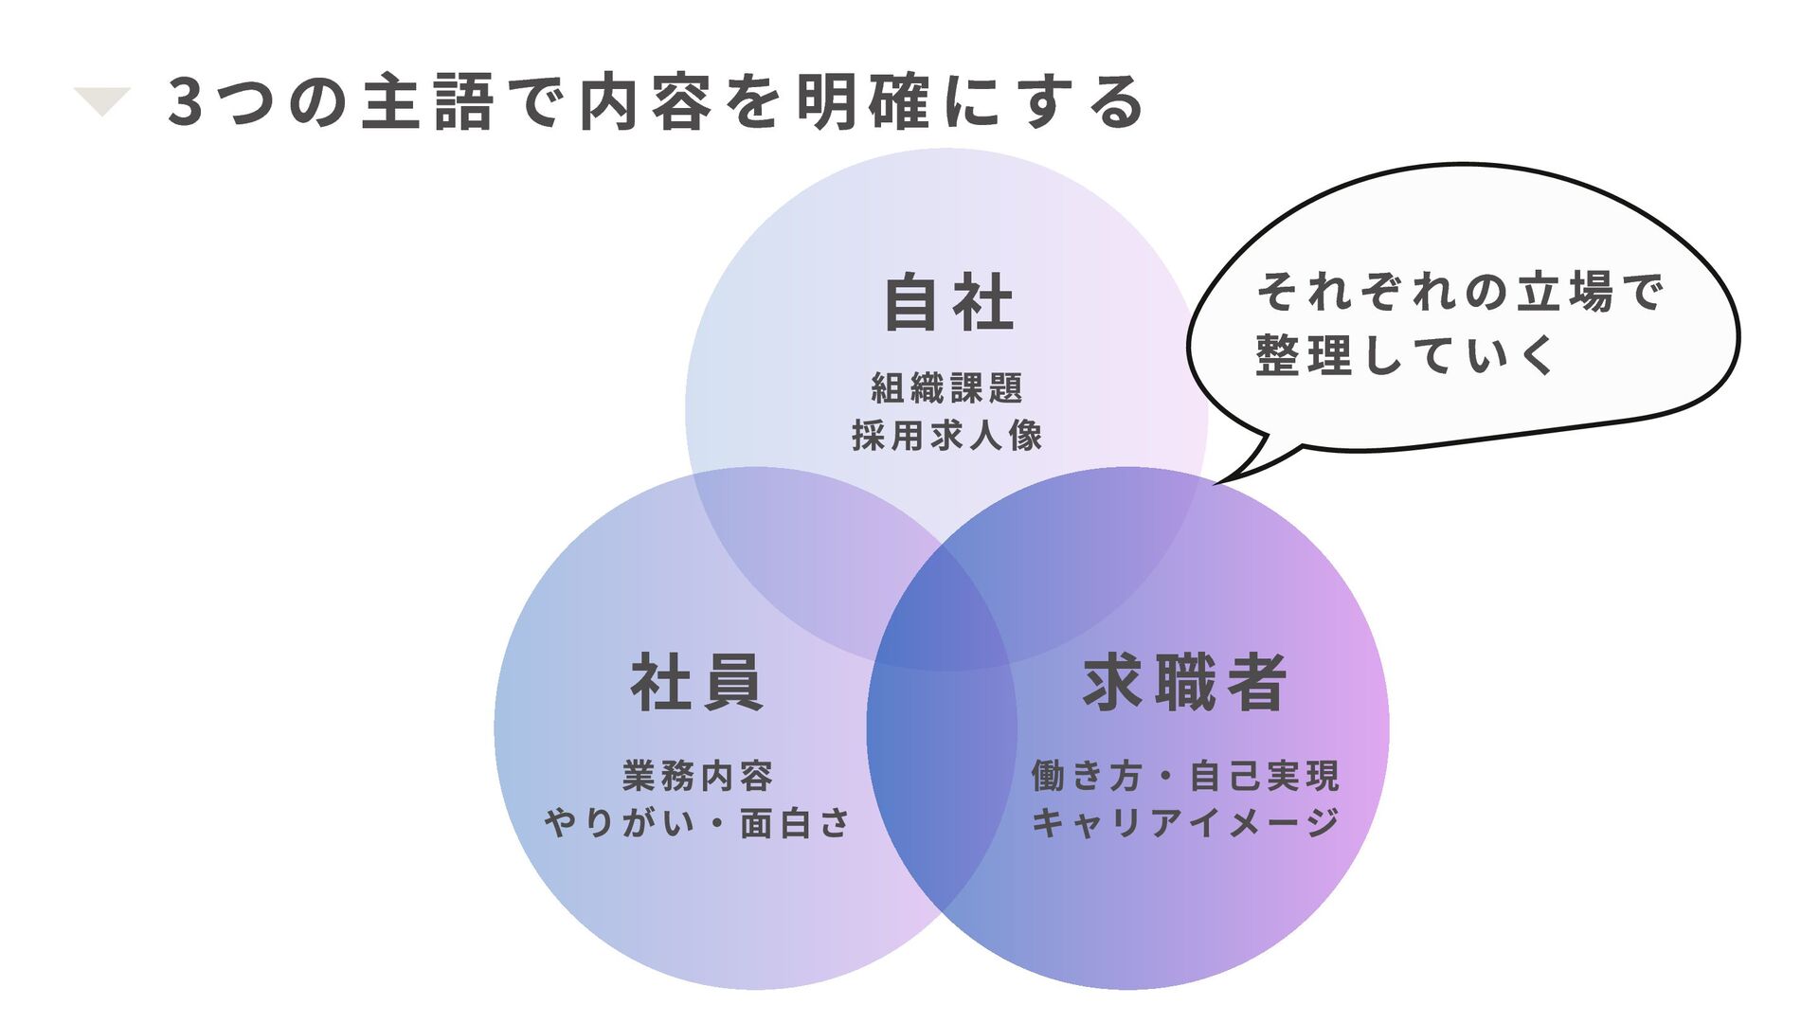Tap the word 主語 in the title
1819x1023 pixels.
pos(428,102)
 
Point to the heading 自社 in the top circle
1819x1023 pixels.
pos(948,303)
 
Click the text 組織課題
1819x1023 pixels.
pos(946,388)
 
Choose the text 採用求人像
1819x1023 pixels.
pos(946,436)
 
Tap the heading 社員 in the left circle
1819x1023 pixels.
pos(697,682)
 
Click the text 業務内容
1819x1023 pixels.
pos(697,776)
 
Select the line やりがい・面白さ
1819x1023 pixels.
pos(697,822)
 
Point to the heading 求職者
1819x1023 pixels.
pos(1184,682)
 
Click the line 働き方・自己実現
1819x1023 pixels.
pos(1184,776)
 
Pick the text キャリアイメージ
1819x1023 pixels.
pos(1184,822)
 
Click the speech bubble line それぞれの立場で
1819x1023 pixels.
pos(1459,291)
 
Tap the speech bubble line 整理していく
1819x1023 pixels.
pos(1405,356)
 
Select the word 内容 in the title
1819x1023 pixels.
pos(645,102)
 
